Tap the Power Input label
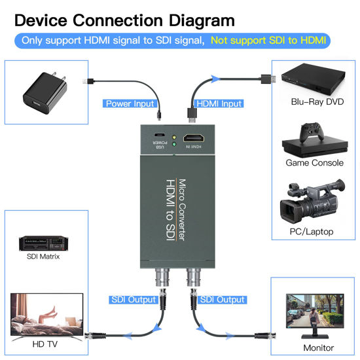(x=130, y=103)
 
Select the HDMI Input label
(x=219, y=103)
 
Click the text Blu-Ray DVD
(x=317, y=102)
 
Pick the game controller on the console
(x=308, y=135)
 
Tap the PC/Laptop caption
(x=311, y=232)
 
